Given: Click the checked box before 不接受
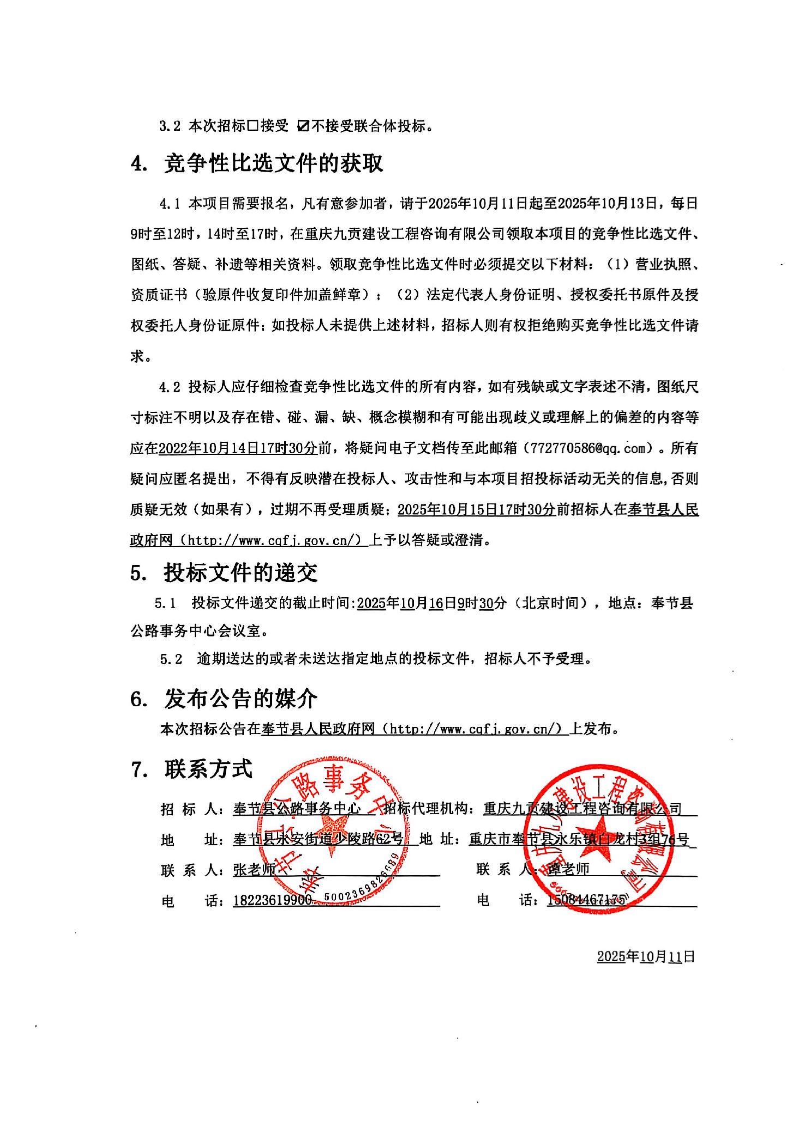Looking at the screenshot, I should point(303,126).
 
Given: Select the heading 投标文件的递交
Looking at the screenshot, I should point(241,573).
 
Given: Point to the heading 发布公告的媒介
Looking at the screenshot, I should point(241,699).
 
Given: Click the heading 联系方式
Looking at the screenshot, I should point(208,769).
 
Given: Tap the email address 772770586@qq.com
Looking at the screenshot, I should point(589,448).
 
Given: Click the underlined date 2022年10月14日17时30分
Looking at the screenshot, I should point(237,448).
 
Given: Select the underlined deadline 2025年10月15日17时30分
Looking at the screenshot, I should point(477,510).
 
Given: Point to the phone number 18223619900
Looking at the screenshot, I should point(272,901).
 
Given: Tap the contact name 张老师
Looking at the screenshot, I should point(255,870).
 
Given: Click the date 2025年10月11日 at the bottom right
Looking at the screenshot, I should point(646,972).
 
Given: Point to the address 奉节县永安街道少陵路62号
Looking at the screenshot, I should point(318,840).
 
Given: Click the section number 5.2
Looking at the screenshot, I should point(171,659).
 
